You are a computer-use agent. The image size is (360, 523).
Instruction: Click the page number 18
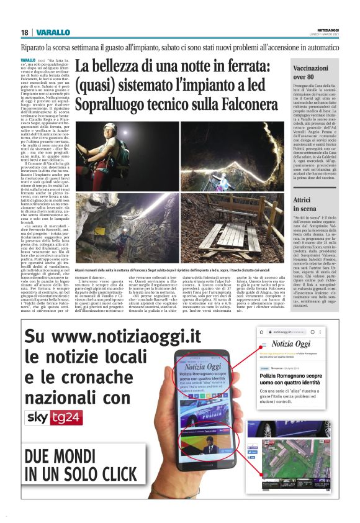click(24, 32)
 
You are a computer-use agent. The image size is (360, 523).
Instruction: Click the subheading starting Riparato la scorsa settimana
click(180, 47)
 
